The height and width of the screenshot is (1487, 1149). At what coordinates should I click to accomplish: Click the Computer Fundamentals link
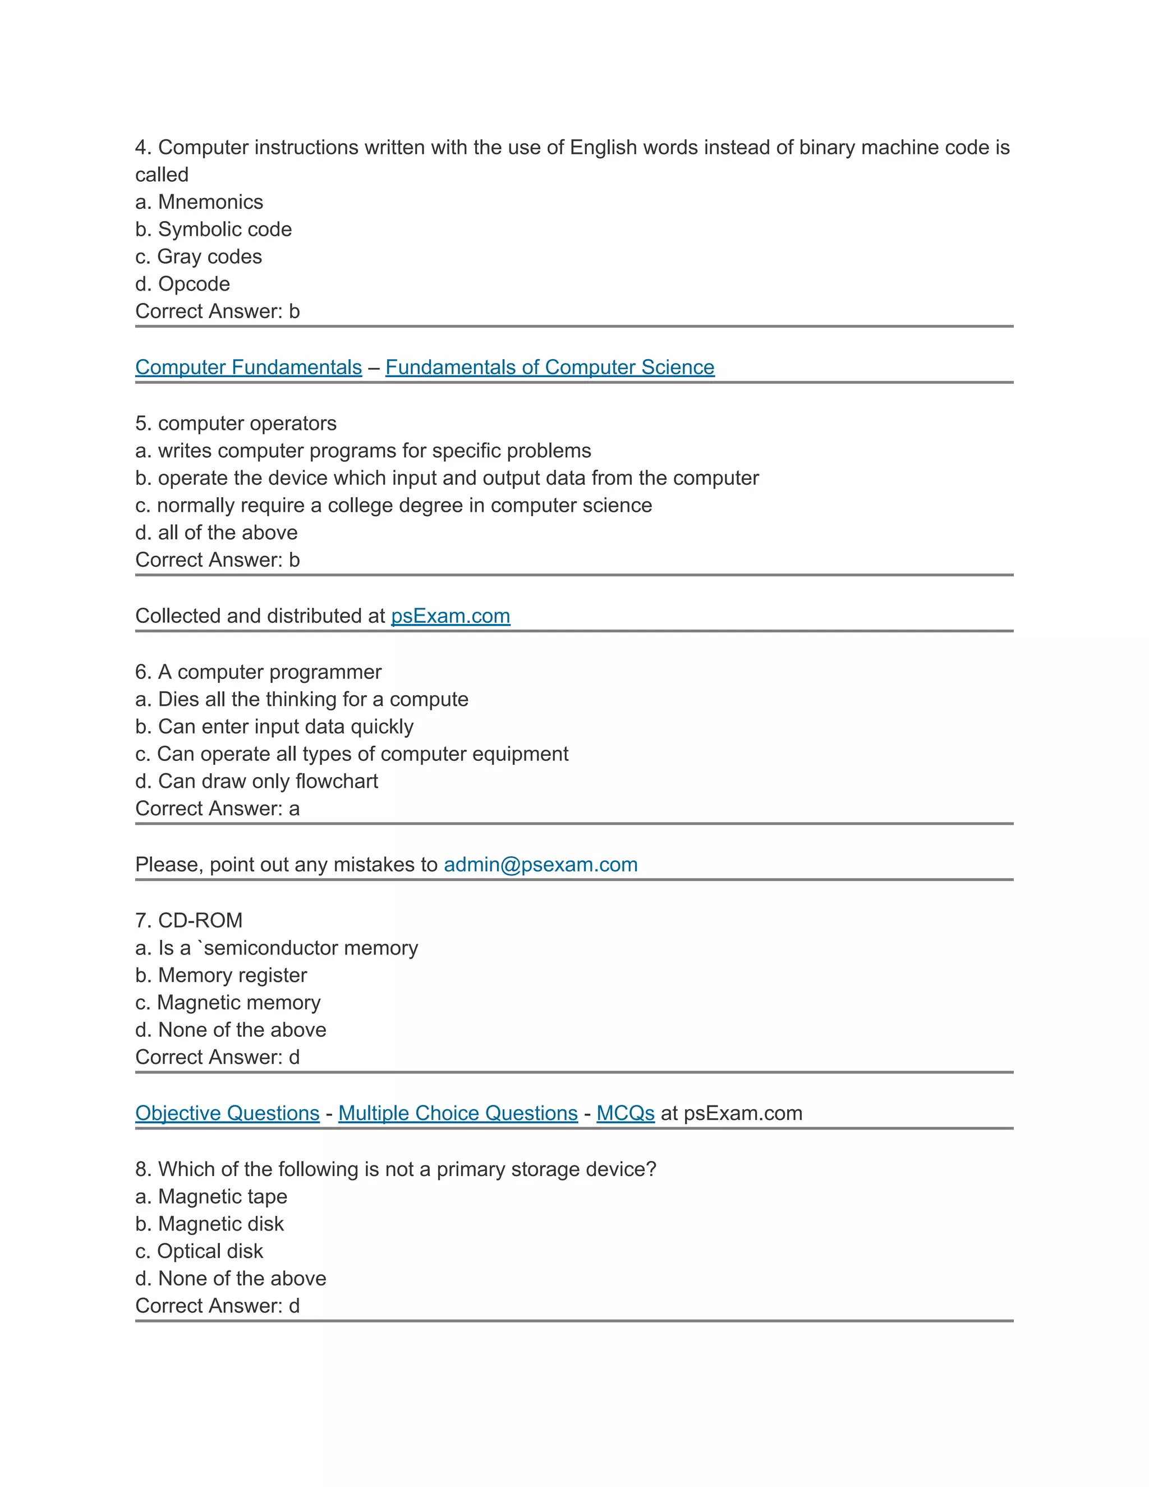[249, 367]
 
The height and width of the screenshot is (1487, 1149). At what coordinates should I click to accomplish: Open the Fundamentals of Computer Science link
[549, 367]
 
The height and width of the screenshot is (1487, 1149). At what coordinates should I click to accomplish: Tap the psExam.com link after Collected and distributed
[450, 616]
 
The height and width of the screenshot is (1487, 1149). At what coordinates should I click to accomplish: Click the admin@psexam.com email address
[540, 864]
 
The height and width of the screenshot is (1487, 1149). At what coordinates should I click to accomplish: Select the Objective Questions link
[227, 1113]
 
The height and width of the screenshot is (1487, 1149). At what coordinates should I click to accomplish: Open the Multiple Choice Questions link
[457, 1113]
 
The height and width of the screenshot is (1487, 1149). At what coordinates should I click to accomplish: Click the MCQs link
[625, 1113]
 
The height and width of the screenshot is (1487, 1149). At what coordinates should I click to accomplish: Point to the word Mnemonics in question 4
[210, 202]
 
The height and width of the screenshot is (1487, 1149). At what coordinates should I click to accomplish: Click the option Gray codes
[209, 256]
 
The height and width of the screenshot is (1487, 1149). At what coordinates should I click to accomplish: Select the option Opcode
[194, 284]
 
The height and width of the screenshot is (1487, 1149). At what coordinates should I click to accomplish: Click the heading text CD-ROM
[200, 920]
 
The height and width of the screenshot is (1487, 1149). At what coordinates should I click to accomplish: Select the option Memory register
[232, 975]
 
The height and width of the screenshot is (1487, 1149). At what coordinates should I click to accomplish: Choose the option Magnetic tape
[223, 1196]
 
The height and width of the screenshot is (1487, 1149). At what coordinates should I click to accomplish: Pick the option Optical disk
[210, 1251]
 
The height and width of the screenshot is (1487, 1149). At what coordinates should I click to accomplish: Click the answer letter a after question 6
[294, 809]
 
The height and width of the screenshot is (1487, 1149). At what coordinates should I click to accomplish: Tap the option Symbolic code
[224, 230]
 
